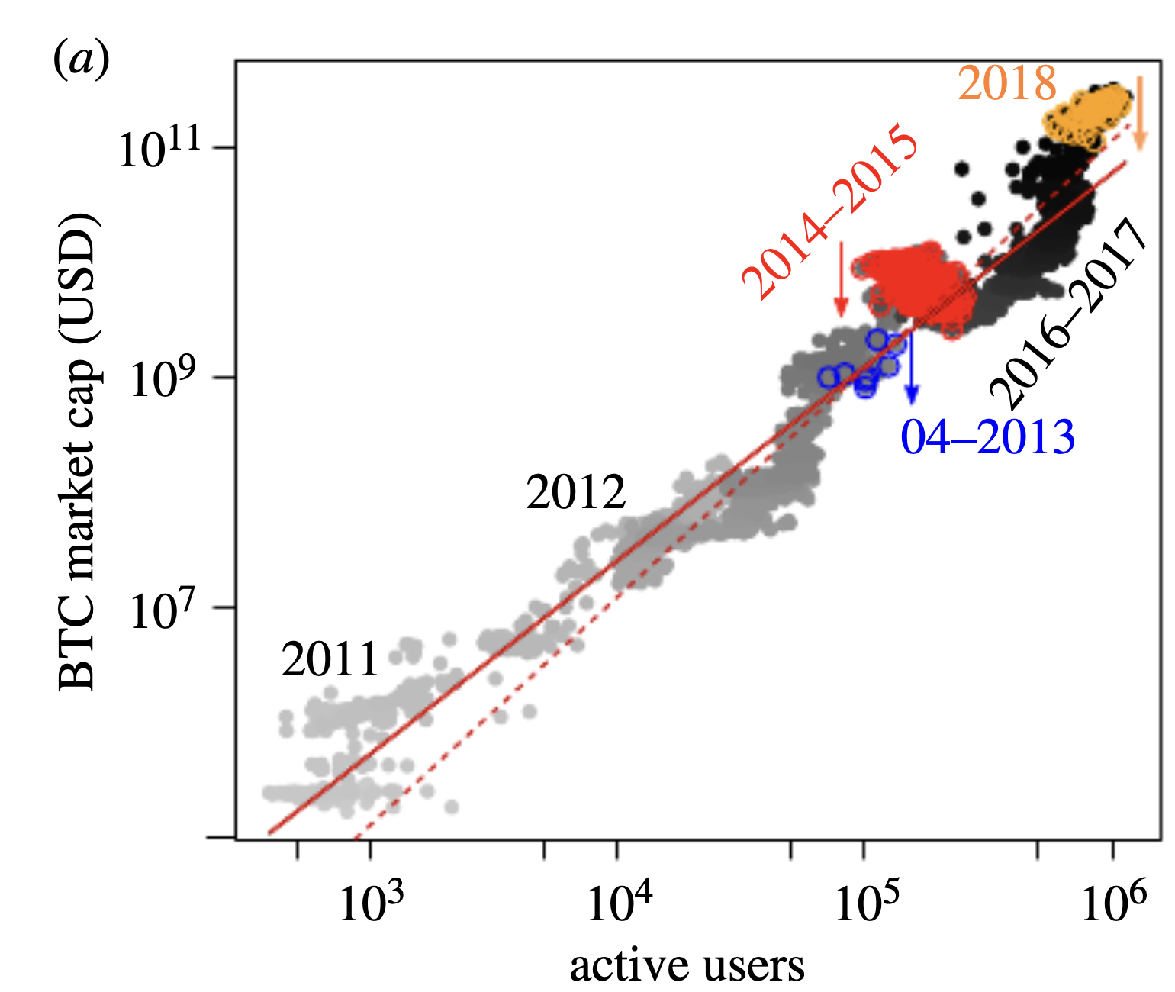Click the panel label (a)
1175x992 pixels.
point(81,59)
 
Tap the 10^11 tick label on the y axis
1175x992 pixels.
point(159,147)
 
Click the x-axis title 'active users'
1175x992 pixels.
point(687,966)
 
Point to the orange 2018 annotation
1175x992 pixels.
point(1007,83)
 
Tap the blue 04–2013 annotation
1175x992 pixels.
point(988,437)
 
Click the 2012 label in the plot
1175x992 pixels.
point(576,492)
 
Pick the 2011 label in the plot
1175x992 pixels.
point(330,659)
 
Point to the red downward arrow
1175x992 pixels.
point(842,279)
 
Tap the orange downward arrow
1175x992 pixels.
point(1140,114)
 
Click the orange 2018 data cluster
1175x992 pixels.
point(1086,119)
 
